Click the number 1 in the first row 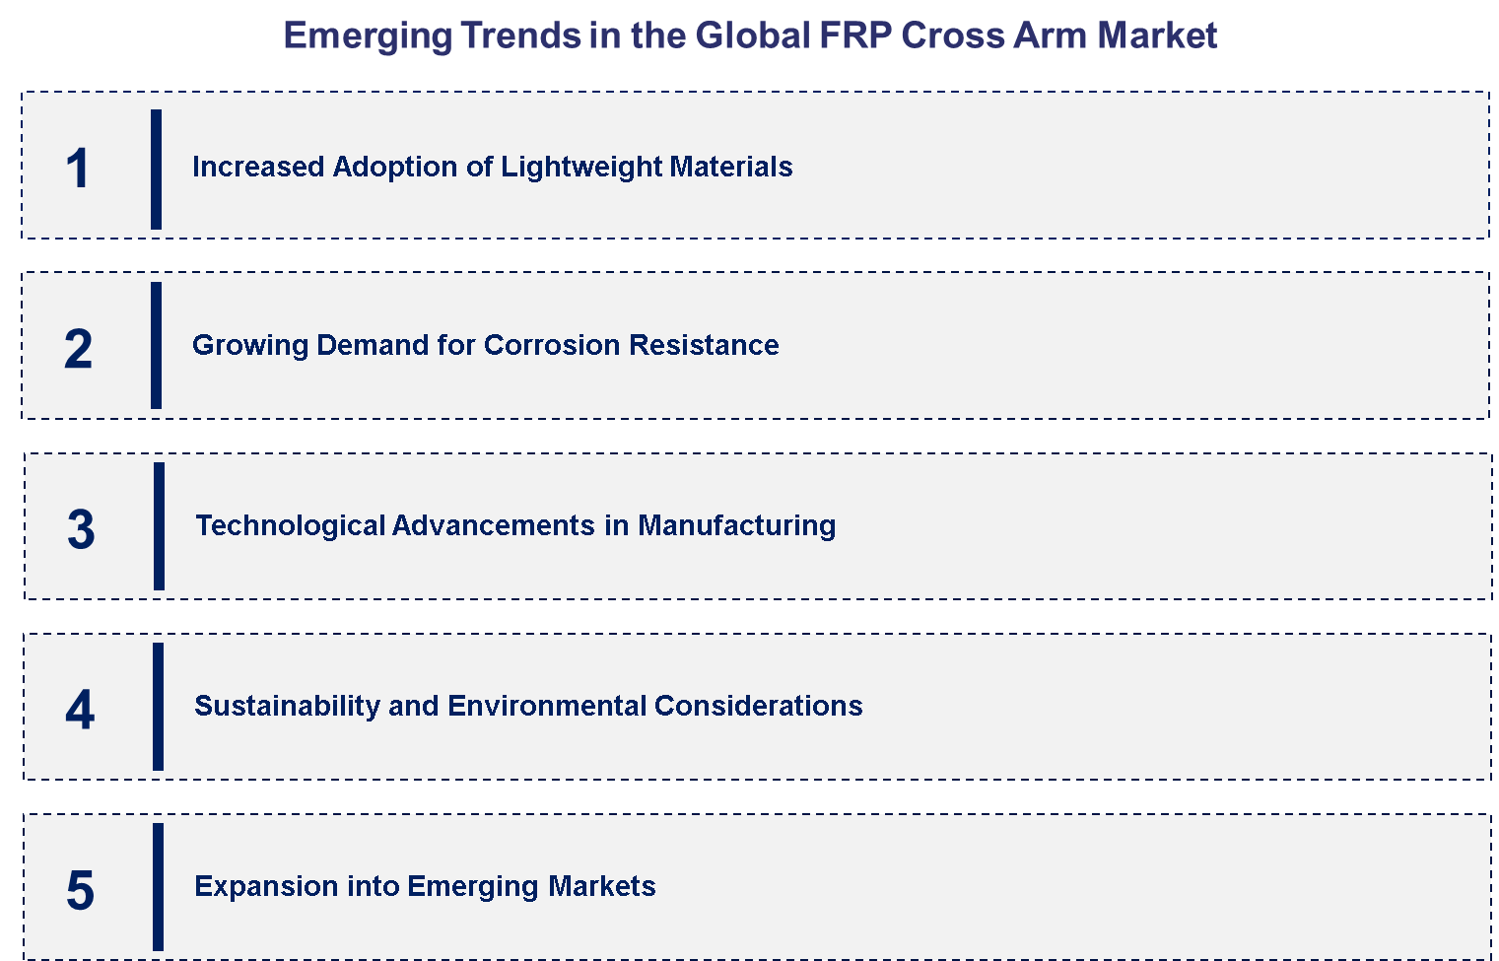click(x=78, y=169)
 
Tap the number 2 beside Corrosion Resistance click(x=78, y=349)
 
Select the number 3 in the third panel click(x=81, y=529)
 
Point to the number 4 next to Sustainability click(x=80, y=710)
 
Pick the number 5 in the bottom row click(x=80, y=890)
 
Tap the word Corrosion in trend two click(x=552, y=345)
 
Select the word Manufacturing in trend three click(x=736, y=525)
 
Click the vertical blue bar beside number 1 click(x=156, y=169)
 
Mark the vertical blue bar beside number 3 click(x=159, y=526)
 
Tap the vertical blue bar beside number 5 click(x=158, y=886)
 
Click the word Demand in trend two click(x=372, y=345)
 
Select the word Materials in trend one click(x=730, y=167)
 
